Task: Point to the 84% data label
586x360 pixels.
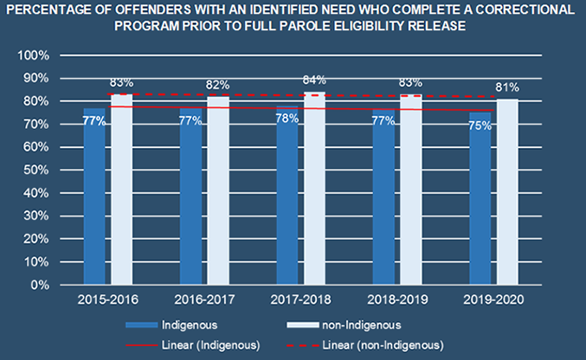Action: point(314,80)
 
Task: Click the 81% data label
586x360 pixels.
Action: point(507,87)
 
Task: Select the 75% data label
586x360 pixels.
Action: point(480,125)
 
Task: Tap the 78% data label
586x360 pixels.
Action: point(287,119)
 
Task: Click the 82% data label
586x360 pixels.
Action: point(217,85)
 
